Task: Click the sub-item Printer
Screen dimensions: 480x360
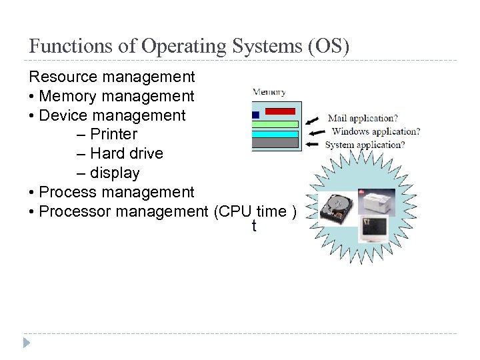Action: coord(113,134)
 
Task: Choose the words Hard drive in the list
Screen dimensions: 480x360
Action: coord(127,153)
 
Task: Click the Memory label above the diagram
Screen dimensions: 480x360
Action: coord(269,93)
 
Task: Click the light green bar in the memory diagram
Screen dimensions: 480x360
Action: coord(275,124)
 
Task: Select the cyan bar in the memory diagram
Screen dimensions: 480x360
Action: coord(275,133)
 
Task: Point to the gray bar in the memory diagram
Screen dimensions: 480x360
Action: coord(275,143)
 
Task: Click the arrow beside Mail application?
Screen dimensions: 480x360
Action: coord(312,120)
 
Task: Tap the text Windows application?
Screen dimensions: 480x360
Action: coord(375,131)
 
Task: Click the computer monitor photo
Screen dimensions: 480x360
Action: coord(373,229)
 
